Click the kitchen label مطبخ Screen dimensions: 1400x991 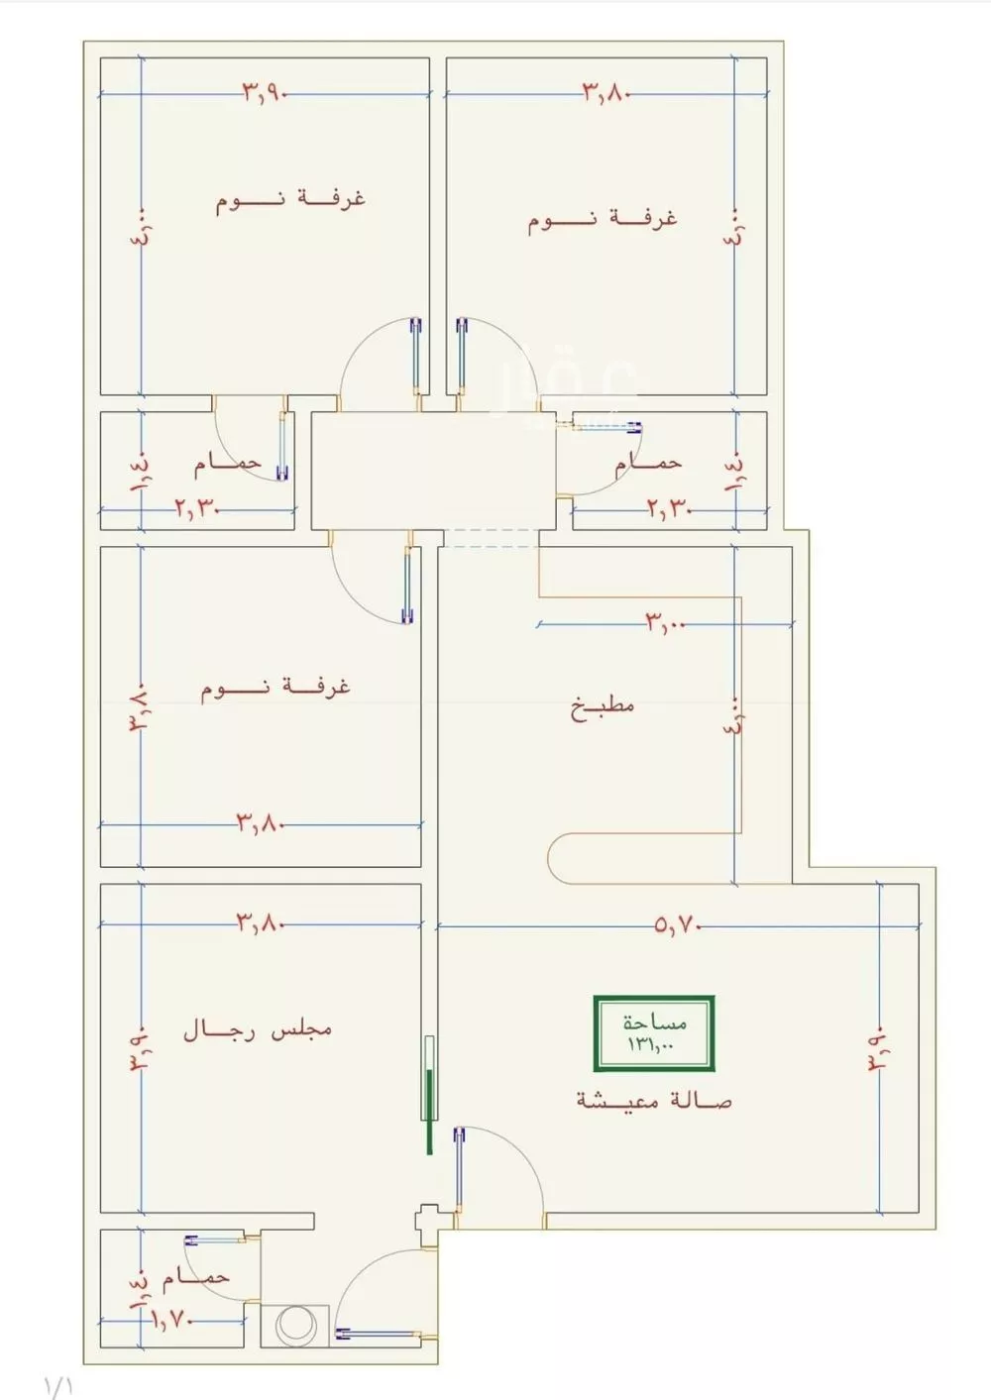[x=603, y=706]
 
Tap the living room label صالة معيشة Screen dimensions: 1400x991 [x=653, y=1100]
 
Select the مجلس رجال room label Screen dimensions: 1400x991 [x=257, y=1030]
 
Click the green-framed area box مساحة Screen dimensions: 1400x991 [x=654, y=1033]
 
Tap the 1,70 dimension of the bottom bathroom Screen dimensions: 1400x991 [x=174, y=1320]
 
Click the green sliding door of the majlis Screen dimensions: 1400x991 [x=429, y=1095]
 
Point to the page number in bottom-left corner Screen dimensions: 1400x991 [x=58, y=1384]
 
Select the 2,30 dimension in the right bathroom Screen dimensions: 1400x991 [x=669, y=509]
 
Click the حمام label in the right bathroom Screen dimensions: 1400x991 [x=648, y=462]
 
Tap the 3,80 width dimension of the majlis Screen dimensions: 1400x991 [x=261, y=923]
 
